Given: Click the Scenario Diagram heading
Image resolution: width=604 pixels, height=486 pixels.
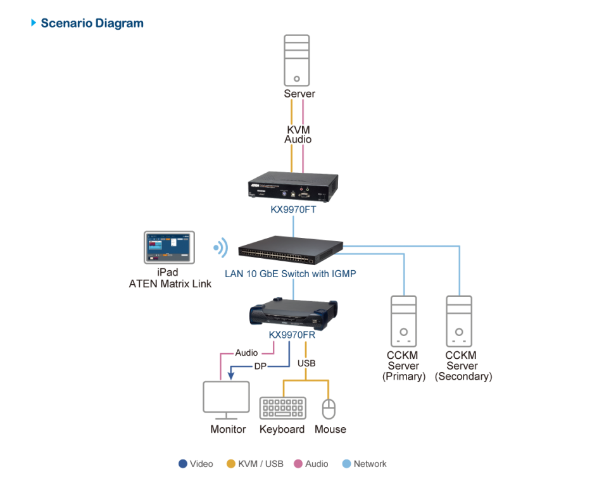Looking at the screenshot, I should click(92, 23).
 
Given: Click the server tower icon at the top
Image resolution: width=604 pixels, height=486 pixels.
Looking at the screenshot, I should click(297, 61).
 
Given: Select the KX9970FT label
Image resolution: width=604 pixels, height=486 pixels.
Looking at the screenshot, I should click(293, 209).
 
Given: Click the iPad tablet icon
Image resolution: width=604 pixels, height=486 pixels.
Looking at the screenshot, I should click(170, 247).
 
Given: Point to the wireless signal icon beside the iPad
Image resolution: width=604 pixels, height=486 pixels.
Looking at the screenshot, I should click(220, 247).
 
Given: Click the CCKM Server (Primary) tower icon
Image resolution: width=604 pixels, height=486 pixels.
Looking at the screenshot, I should click(403, 321).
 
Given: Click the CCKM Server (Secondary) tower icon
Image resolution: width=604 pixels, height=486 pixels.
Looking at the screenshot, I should click(460, 321).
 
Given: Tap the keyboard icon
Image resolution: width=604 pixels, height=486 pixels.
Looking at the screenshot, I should click(283, 408).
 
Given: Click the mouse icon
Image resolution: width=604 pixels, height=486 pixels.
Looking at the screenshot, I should click(329, 409).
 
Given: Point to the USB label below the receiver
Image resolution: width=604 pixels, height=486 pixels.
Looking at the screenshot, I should click(306, 363).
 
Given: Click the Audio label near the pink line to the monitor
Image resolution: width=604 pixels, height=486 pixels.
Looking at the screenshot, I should click(247, 352).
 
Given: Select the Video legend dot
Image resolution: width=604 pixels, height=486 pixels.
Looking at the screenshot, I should click(183, 464).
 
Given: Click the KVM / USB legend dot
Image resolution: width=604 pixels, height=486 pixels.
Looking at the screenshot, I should click(231, 464).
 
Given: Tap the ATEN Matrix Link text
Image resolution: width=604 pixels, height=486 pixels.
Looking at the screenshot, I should click(170, 284).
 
